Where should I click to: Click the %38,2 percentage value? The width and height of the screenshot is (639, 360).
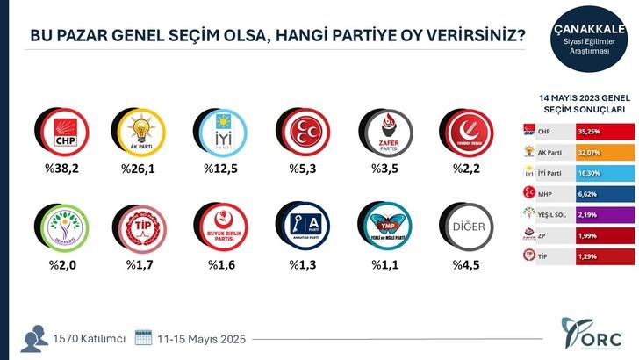pyautogui.click(x=63, y=170)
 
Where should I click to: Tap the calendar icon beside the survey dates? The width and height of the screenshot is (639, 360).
pyautogui.click(x=144, y=338)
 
